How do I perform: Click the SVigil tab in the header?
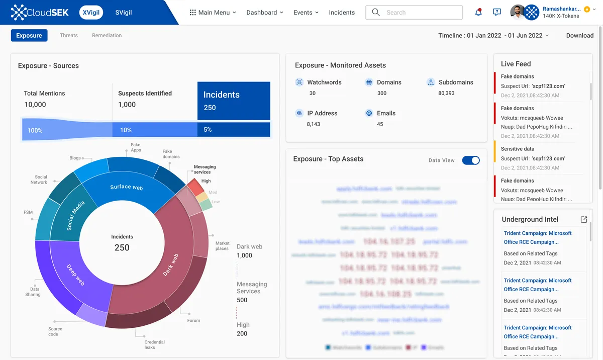pyautogui.click(x=123, y=13)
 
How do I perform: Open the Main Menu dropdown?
pyautogui.click(x=213, y=13)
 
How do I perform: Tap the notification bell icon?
pyautogui.click(x=478, y=13)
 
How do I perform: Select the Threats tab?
pyautogui.click(x=69, y=35)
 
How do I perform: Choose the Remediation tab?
pyautogui.click(x=107, y=35)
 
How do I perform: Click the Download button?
pyautogui.click(x=579, y=35)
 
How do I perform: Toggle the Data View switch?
pyautogui.click(x=471, y=160)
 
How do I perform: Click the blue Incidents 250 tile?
pyautogui.click(x=234, y=101)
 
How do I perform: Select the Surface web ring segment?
pyautogui.click(x=127, y=187)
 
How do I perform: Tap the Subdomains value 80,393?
pyautogui.click(x=446, y=93)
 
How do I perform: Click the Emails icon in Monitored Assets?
pyautogui.click(x=369, y=113)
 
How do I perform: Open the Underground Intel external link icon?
pyautogui.click(x=583, y=220)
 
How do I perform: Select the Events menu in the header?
pyautogui.click(x=306, y=13)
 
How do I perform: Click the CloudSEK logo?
pyautogui.click(x=40, y=13)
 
